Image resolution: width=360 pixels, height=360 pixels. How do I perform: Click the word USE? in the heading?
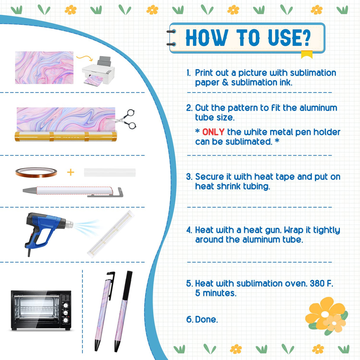click(x=289, y=38)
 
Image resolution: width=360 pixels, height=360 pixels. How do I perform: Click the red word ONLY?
click(x=213, y=132)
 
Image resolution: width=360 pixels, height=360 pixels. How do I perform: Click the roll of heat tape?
click(x=36, y=172)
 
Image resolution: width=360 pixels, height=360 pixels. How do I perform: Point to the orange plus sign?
click(x=71, y=172)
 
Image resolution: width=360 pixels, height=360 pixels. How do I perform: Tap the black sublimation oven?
click(x=41, y=310)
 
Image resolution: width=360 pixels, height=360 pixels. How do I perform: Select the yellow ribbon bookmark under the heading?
click(x=307, y=54)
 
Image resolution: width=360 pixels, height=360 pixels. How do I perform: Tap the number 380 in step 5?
click(x=317, y=283)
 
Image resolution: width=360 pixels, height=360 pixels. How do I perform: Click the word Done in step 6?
click(x=206, y=320)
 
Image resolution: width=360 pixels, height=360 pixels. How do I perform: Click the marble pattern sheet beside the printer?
click(x=44, y=68)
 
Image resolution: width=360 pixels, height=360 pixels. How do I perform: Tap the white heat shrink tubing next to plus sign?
click(x=110, y=173)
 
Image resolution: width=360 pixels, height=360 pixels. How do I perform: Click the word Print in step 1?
click(x=204, y=73)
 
